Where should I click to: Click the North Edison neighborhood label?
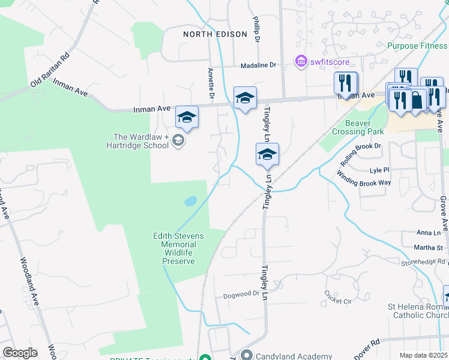(215, 34)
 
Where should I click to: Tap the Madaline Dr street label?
(258, 65)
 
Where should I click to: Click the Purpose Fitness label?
(417, 46)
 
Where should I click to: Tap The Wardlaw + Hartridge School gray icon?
(178, 141)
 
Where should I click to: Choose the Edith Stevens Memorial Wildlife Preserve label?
(178, 248)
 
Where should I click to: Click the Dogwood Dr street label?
(241, 294)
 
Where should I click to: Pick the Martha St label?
(430, 247)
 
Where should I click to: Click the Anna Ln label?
(429, 232)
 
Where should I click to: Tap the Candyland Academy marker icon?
(246, 356)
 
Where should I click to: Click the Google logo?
(20, 353)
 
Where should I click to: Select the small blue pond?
(190, 200)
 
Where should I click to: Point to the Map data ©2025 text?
(423, 355)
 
